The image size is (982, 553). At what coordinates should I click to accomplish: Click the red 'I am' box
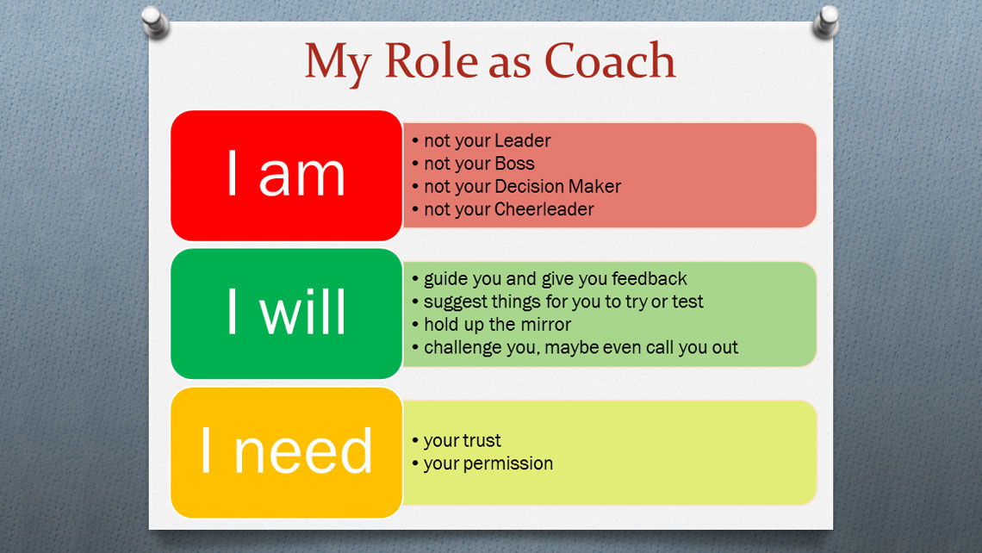tap(286, 175)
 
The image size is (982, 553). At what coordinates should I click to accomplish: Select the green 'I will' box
tap(286, 314)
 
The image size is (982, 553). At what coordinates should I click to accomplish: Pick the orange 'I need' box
tap(286, 452)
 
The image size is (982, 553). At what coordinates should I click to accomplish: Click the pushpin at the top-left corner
tap(154, 22)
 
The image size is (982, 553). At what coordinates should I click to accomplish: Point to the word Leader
tap(522, 140)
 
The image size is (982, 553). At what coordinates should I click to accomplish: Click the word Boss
tap(514, 164)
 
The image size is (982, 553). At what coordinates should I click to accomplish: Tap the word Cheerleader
tap(544, 209)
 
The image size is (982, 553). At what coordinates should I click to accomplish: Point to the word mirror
tap(544, 325)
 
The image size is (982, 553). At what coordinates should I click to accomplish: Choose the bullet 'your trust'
tap(462, 440)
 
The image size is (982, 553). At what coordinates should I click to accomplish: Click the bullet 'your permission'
tap(488, 463)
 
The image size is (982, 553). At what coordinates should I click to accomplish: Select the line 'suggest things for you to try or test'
tap(563, 302)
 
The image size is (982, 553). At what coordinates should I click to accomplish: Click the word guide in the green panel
tap(446, 279)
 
